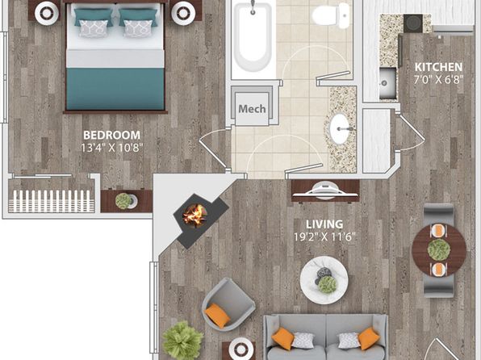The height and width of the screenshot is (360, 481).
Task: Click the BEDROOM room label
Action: coord(111,135)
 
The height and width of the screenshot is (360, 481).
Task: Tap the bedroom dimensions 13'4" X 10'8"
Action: coord(112,149)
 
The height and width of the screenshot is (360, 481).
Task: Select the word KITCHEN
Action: coord(438,67)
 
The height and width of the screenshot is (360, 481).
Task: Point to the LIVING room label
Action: coord(324,224)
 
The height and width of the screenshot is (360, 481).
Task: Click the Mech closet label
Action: coord(252,109)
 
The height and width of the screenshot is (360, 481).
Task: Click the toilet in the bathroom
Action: coord(331,15)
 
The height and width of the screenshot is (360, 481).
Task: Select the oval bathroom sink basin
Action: coord(340,129)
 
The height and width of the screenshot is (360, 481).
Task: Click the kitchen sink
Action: coord(387,82)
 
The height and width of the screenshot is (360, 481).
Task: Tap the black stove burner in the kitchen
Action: coord(413,23)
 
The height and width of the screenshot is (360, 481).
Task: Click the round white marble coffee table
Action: coord(324,280)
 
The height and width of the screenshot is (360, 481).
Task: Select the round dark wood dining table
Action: coord(439,250)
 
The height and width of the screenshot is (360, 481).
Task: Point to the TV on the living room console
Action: coord(325,190)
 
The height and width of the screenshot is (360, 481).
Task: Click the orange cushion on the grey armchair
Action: coord(217,316)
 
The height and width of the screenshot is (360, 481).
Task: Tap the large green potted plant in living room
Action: coord(183,340)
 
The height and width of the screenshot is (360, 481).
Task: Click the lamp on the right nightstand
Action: coord(183,13)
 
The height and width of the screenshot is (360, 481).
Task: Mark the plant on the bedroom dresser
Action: coord(123,201)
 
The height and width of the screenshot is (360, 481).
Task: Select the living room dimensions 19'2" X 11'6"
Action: coord(324,237)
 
